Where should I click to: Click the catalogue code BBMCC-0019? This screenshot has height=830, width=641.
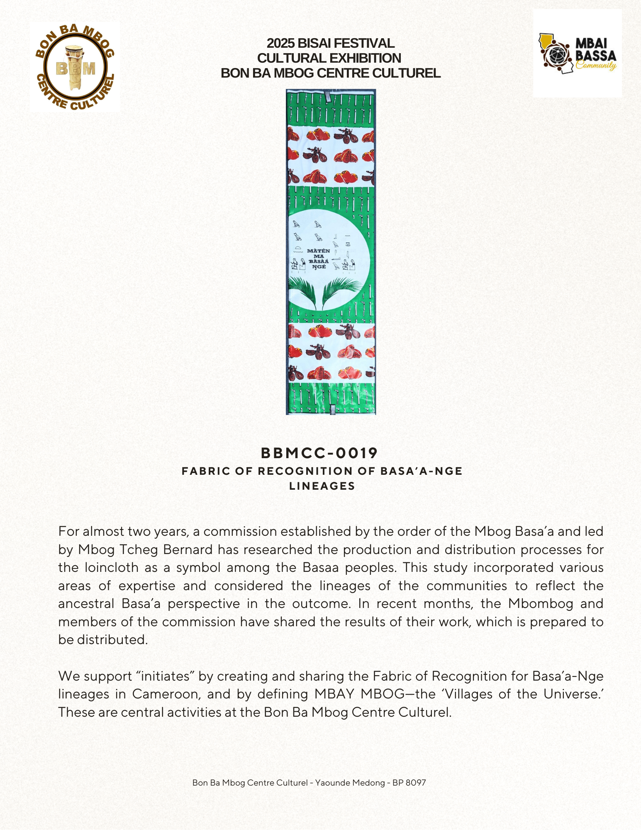click(319, 453)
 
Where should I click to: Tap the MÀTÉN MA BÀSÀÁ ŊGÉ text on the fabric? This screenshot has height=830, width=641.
click(319, 259)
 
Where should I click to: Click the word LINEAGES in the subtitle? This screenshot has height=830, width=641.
click(322, 486)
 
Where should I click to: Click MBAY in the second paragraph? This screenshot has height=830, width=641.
click(334, 694)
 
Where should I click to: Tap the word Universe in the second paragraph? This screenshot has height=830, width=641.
click(572, 694)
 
